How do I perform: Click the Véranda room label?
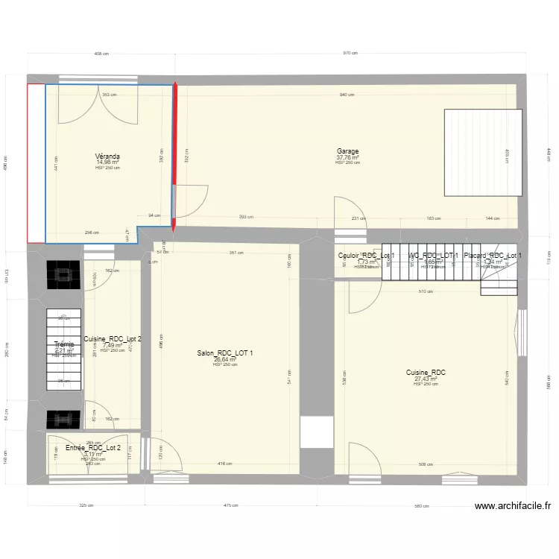tap(108, 157)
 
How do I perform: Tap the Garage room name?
tap(347, 151)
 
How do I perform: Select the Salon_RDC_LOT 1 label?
tap(224, 353)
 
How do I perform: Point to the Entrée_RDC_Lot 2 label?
tap(92, 448)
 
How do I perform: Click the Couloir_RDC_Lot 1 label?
tap(366, 256)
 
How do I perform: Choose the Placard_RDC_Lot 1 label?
tap(493, 256)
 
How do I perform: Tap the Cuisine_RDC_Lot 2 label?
tap(113, 339)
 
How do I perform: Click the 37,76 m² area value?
tap(347, 157)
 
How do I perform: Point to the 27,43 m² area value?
tap(426, 379)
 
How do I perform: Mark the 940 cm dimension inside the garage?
tap(347, 95)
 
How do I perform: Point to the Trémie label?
tap(64, 344)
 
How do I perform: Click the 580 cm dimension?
tap(422, 505)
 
